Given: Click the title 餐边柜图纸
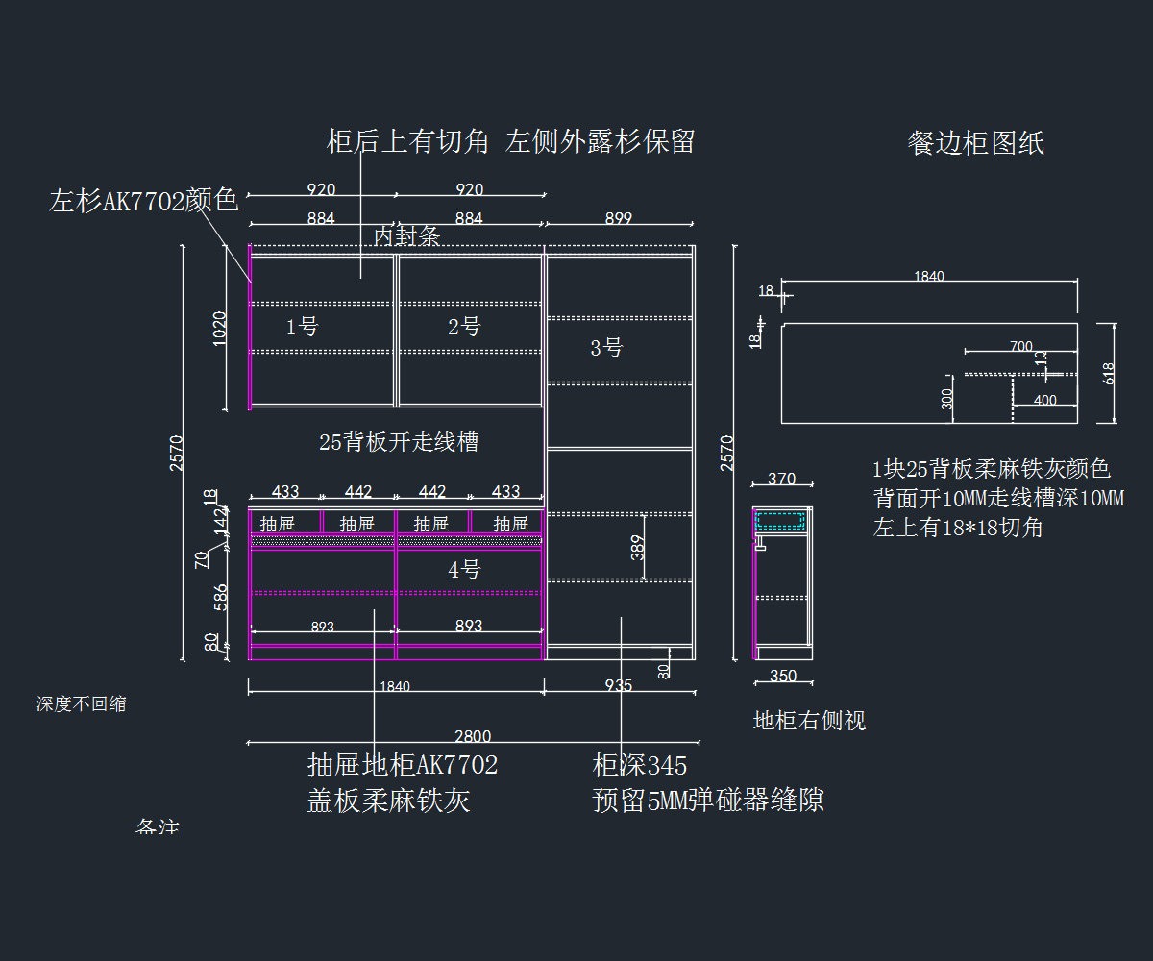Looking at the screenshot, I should point(975,144).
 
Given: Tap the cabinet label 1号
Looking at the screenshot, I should point(302,327).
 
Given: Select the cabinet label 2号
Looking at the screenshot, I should point(464,327).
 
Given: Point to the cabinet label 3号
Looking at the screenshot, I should point(606,348).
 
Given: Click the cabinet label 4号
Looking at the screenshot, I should point(464,570).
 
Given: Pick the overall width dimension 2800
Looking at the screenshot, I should point(472,736).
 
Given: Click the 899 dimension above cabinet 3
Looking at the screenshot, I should point(619,219).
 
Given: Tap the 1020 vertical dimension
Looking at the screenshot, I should point(220,329).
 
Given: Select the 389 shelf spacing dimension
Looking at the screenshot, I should point(638,549).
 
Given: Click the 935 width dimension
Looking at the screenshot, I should point(620,685).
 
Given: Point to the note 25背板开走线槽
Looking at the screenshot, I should point(399,442).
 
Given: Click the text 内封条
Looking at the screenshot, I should point(406,236).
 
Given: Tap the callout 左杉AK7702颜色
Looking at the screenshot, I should point(144,201).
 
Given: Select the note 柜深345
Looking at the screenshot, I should point(640,766).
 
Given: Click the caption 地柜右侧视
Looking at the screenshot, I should point(809,721).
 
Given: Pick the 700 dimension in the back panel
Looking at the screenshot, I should point(1021,347).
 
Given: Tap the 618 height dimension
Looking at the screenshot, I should point(1109,373).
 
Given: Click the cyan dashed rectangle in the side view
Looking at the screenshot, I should point(780,521).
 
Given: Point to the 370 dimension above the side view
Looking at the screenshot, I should point(782,479).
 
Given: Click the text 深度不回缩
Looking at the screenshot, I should point(82,704).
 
